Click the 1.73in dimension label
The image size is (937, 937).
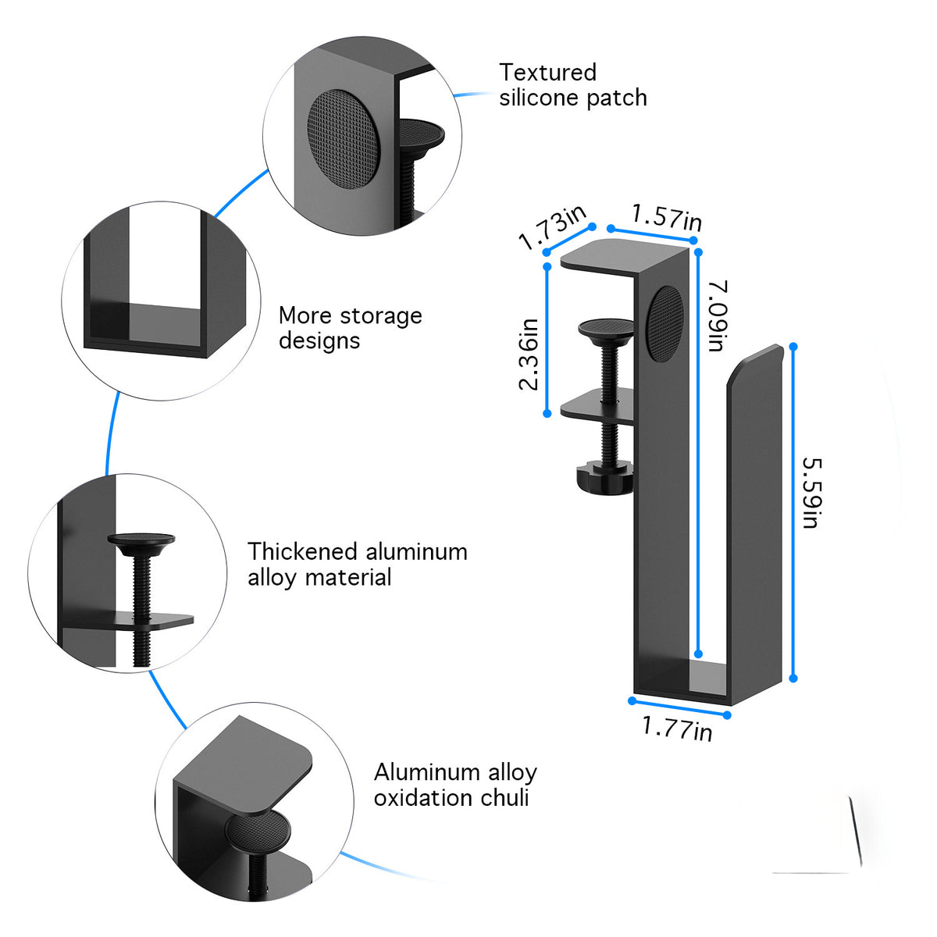coord(552,226)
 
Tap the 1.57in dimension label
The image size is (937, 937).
coord(667,217)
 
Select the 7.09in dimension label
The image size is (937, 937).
coord(718,315)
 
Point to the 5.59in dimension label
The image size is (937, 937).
coord(811,493)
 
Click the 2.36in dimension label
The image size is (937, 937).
coord(529,354)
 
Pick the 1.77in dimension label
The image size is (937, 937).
coord(677,728)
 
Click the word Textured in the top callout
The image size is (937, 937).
coord(547,73)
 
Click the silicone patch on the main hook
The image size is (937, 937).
coord(666,324)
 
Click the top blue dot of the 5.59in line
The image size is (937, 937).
coord(793,347)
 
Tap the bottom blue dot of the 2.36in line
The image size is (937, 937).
coord(547,413)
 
